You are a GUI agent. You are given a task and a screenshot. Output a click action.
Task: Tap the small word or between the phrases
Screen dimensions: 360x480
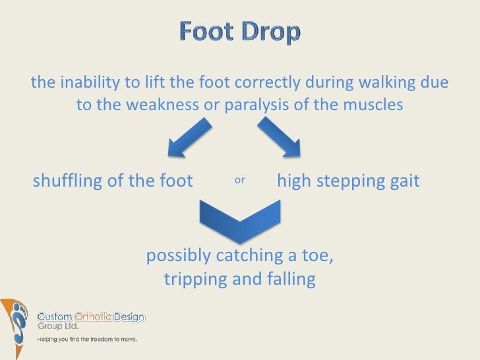(239, 180)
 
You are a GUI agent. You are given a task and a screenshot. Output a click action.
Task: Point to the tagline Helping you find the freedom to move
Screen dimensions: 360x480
(86, 340)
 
